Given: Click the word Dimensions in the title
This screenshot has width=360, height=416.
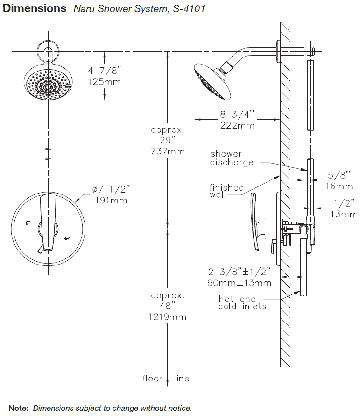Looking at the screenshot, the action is tap(35, 8).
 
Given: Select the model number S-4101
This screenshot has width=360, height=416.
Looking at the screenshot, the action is tap(189, 9).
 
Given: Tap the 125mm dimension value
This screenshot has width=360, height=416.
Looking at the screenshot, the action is tap(105, 82).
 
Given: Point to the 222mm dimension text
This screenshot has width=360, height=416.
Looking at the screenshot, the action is tap(237, 125).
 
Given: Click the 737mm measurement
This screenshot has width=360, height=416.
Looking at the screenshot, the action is tap(168, 151).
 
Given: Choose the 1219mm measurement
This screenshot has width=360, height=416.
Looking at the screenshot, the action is tap(167, 317).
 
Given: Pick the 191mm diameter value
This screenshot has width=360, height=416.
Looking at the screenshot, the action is tap(111, 201).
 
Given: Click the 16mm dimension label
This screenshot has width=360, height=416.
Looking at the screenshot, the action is tap(339, 186).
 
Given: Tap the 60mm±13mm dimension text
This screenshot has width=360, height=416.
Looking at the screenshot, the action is tap(239, 283).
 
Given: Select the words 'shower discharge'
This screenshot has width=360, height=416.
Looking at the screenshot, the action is tap(232, 158).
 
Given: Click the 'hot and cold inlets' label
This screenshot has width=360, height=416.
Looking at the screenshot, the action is tap(242, 303).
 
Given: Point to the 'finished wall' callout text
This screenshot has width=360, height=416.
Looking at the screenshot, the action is tap(226, 191).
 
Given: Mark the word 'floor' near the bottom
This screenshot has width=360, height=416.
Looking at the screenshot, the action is tap(152, 378).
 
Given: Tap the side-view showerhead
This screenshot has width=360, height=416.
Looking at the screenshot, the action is tap(212, 81).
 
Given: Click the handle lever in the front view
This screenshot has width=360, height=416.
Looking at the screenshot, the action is tap(48, 222).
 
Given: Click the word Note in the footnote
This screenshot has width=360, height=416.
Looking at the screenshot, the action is tap(19, 408).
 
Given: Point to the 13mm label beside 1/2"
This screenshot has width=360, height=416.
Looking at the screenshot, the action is tap(344, 214).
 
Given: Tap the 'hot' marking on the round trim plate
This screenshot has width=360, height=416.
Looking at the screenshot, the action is tap(67, 238).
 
